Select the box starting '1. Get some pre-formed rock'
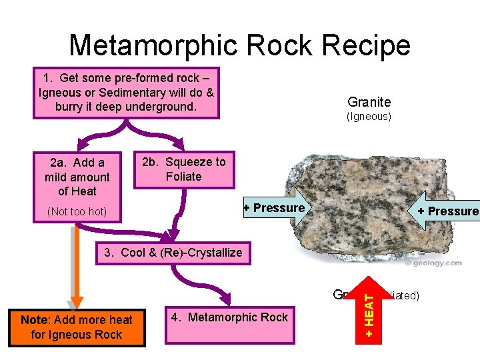tap(127, 92)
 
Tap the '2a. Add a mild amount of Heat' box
tap(77, 177)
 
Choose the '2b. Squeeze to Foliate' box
tap(184, 169)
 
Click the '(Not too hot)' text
tap(77, 213)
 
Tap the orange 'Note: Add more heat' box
tap(76, 327)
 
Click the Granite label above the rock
tap(369, 102)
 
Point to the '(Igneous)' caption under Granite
tap(369, 117)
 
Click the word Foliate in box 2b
tap(184, 177)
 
